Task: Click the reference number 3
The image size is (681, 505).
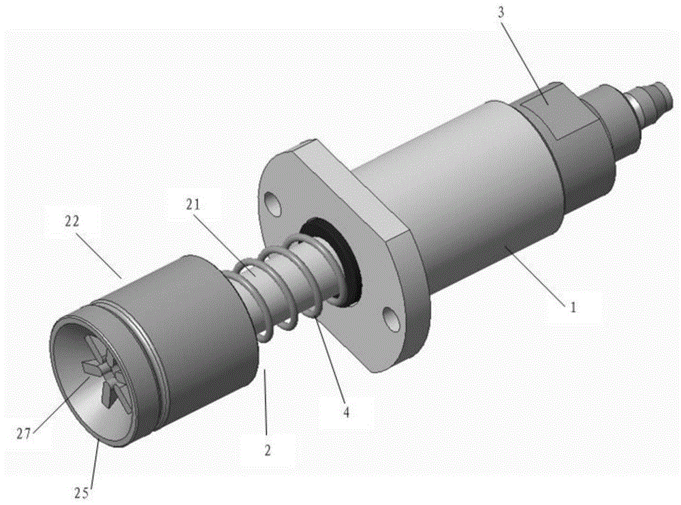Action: click(501, 13)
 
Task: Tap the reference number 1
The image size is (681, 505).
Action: click(573, 307)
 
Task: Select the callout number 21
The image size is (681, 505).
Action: click(193, 204)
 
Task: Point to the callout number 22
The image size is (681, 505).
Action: click(72, 221)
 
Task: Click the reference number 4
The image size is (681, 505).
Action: click(346, 412)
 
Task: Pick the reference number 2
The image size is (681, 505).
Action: click(268, 450)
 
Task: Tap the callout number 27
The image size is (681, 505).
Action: click(25, 434)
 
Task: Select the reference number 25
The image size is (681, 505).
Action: click(81, 493)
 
